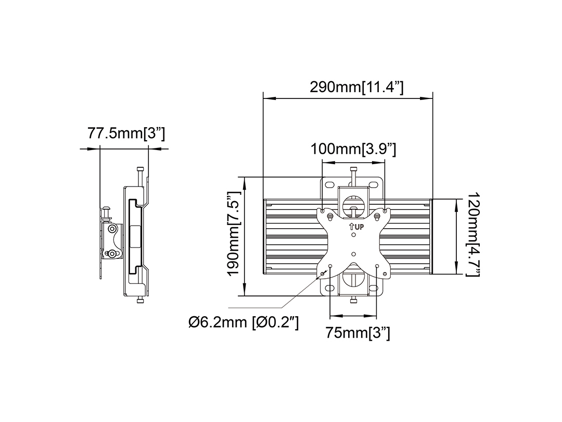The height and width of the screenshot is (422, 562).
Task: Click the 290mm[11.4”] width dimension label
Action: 356,87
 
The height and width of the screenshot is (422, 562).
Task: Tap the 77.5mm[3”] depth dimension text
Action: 126,133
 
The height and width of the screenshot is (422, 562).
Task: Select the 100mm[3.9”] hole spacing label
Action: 353,148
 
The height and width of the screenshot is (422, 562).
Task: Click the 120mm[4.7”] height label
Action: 473,234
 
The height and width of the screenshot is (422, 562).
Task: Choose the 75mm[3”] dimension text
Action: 357,332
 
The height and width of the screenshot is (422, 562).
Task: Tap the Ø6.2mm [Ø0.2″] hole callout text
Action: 244,322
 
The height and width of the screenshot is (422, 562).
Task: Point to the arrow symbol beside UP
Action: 352,227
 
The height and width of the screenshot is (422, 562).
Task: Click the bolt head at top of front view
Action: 353,169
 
